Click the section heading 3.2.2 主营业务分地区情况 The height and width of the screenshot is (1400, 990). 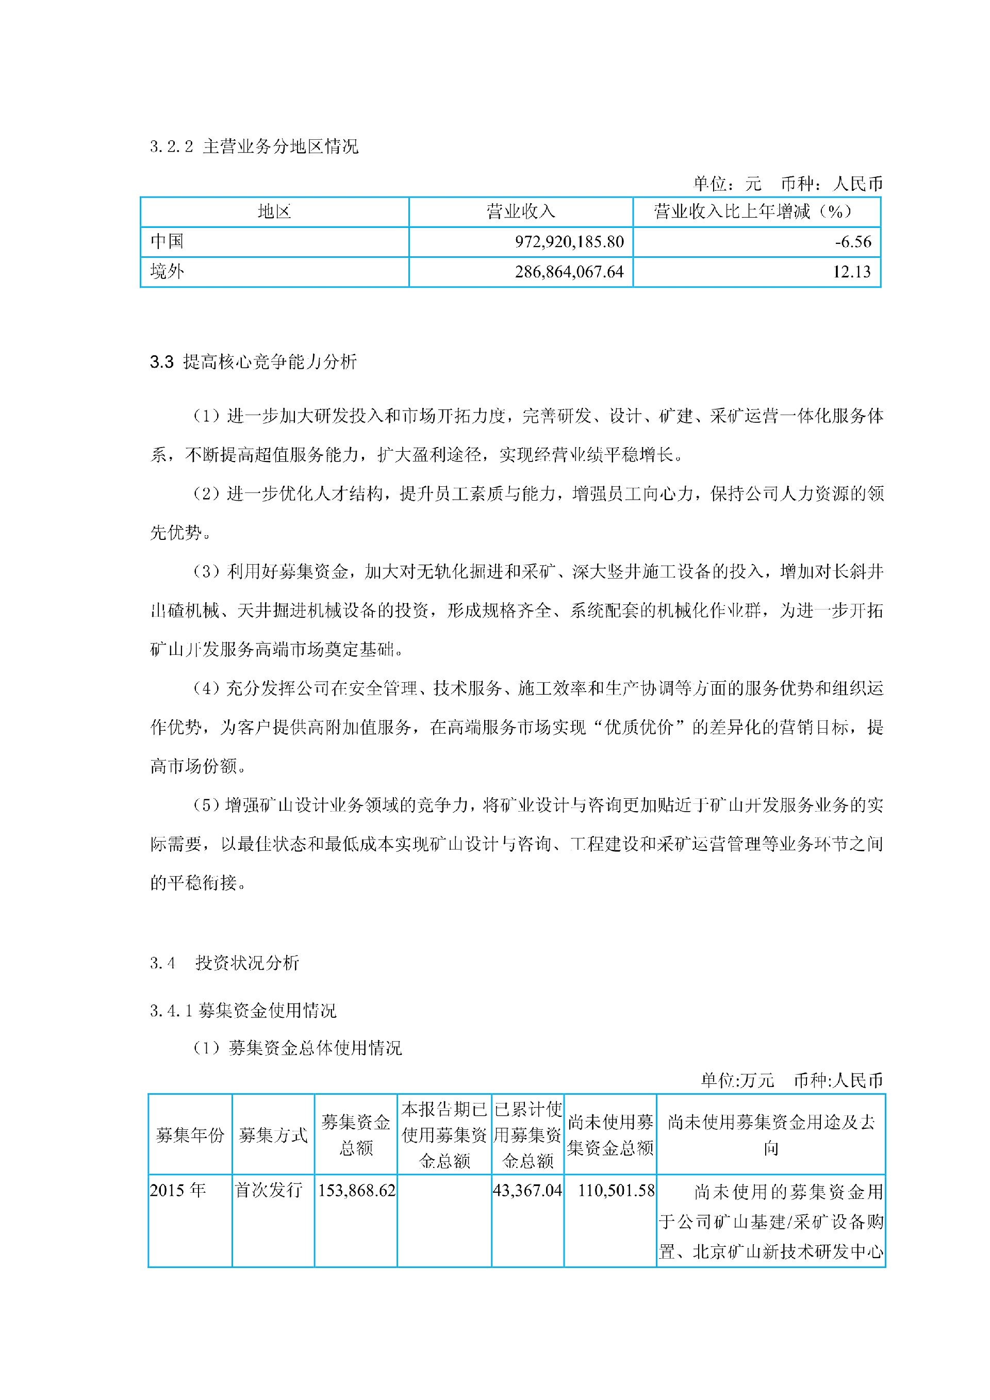click(254, 146)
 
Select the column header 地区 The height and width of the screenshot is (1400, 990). click(274, 211)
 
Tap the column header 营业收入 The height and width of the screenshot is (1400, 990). click(521, 211)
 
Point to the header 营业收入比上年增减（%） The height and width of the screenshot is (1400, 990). click(756, 211)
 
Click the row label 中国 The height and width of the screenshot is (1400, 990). click(167, 241)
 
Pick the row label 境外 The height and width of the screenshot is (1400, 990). click(167, 271)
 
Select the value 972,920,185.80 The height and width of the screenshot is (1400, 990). click(569, 242)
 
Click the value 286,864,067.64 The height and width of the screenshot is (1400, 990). click(569, 272)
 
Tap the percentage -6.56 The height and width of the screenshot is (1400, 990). click(853, 242)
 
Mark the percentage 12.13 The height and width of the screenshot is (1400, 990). click(852, 272)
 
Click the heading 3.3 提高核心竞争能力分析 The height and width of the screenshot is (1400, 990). click(253, 361)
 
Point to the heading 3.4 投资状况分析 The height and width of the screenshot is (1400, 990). click(224, 963)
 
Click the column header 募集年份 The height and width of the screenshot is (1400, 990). click(190, 1135)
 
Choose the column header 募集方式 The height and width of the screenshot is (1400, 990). click(273, 1135)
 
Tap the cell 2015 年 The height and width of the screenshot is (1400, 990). click(178, 1190)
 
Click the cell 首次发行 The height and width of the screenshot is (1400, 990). click(269, 1190)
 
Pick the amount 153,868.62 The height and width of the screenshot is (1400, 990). click(357, 1190)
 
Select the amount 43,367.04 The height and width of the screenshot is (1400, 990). click(527, 1190)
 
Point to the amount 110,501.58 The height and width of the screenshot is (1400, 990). click(616, 1190)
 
